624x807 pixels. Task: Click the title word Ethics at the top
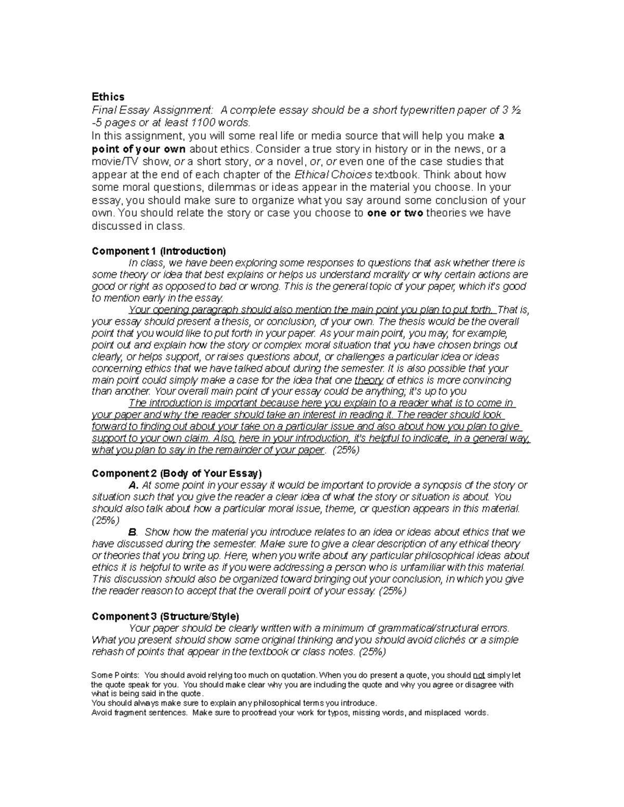[108, 97]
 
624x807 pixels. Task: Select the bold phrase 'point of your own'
[138, 149]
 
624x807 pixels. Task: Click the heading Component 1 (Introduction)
[159, 251]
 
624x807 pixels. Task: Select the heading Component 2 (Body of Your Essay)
[177, 473]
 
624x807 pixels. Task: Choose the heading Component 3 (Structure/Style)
[165, 616]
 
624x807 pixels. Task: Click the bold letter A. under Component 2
[134, 485]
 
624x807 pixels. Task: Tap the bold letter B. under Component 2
[133, 532]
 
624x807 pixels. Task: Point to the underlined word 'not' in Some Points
[478, 676]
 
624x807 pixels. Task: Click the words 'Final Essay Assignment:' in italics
[152, 110]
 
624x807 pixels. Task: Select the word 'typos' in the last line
[340, 713]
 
